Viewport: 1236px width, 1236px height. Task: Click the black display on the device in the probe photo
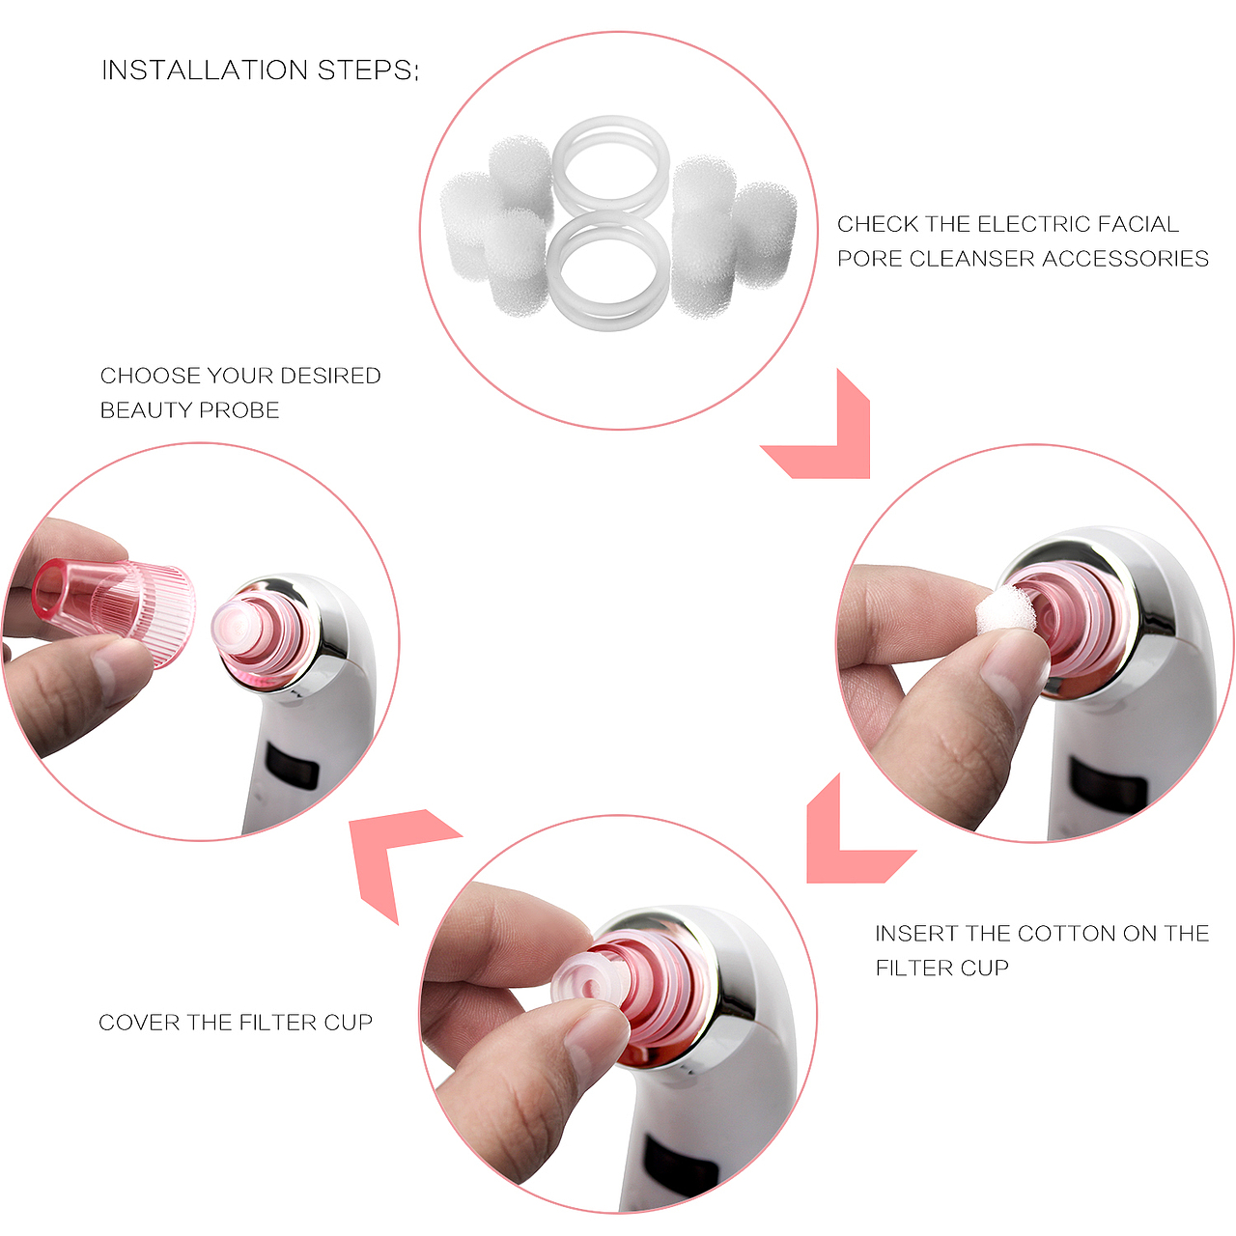[x=293, y=766]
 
